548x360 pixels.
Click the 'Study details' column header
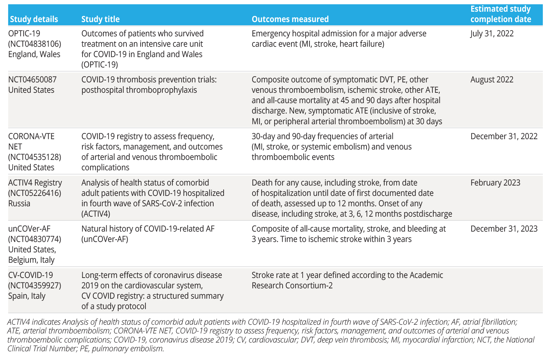(x=34, y=19)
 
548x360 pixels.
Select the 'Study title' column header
(x=100, y=19)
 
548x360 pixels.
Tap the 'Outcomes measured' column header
(x=290, y=19)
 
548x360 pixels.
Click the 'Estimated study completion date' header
(x=501, y=14)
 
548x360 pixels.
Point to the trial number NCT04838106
(x=35, y=44)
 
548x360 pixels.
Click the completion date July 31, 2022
(x=492, y=33)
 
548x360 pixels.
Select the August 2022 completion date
(x=492, y=79)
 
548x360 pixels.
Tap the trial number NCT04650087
(x=32, y=79)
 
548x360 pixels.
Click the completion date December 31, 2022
(x=504, y=136)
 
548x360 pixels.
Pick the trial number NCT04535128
(x=35, y=157)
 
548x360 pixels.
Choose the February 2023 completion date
(x=495, y=183)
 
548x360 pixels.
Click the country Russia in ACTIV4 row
(x=19, y=203)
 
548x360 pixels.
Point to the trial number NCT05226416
(x=35, y=193)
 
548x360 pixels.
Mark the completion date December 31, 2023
(x=504, y=229)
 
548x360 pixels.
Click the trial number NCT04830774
(x=35, y=239)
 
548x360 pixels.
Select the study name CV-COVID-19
(x=30, y=275)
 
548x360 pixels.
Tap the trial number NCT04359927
(x=35, y=285)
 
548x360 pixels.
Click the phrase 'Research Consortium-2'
(x=292, y=285)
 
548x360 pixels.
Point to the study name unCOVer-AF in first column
(x=29, y=229)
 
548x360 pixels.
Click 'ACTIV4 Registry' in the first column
(x=35, y=183)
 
